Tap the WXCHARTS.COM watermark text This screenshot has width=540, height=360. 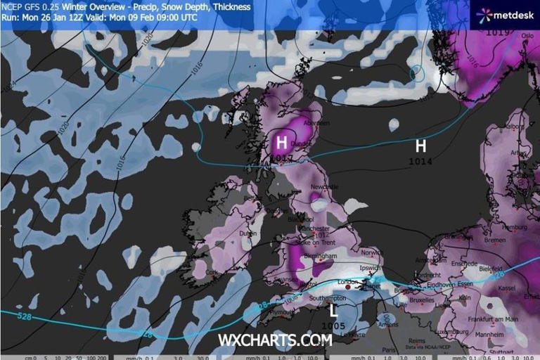pyautogui.click(x=274, y=340)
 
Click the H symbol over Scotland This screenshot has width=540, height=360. pyautogui.click(x=281, y=143)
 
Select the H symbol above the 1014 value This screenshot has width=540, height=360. pyautogui.click(x=420, y=146)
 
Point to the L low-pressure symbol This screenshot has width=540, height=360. pyautogui.click(x=333, y=309)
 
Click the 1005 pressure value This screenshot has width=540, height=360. pyautogui.click(x=333, y=326)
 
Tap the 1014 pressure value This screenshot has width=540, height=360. pyautogui.click(x=420, y=162)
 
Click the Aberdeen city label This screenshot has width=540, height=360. pyautogui.click(x=314, y=122)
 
